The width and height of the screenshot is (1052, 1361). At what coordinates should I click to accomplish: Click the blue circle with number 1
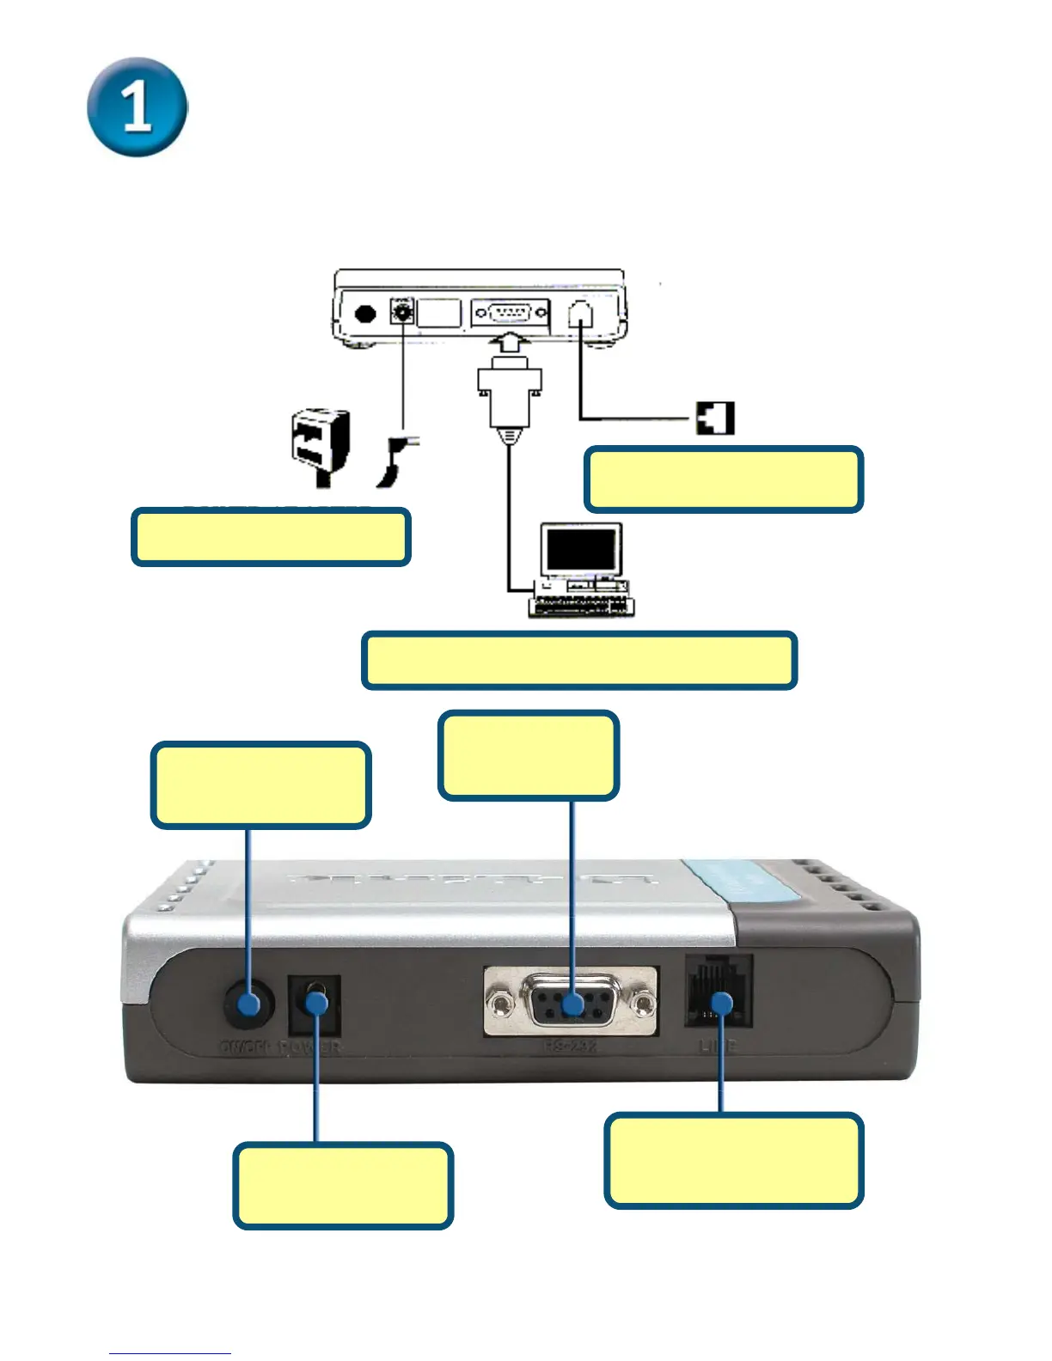pos(138,107)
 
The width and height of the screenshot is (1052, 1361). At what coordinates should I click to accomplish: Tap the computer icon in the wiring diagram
pos(581,570)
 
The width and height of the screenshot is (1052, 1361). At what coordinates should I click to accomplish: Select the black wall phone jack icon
pos(715,418)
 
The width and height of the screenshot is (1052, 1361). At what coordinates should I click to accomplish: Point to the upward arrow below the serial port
pos(510,347)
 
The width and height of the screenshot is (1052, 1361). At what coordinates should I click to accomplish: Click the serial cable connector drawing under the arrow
pos(510,394)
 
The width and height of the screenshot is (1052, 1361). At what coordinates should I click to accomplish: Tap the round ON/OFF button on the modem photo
pos(249,1004)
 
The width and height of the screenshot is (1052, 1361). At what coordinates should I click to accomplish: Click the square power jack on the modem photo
pos(315,1004)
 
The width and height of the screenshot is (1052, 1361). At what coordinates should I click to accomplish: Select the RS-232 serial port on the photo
pos(572,1002)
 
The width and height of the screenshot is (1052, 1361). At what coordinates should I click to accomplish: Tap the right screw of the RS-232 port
pos(643,1003)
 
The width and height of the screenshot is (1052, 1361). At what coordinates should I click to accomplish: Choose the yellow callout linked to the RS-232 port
pos(528,756)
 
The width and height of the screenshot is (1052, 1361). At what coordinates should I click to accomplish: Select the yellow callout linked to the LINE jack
pos(733,1161)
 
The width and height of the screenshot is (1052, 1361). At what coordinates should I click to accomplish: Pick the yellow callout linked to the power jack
pos(343,1186)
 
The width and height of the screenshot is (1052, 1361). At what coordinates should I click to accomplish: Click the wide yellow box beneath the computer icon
pos(579,661)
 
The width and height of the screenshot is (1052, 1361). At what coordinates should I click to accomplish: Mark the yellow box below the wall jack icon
pos(724,479)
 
